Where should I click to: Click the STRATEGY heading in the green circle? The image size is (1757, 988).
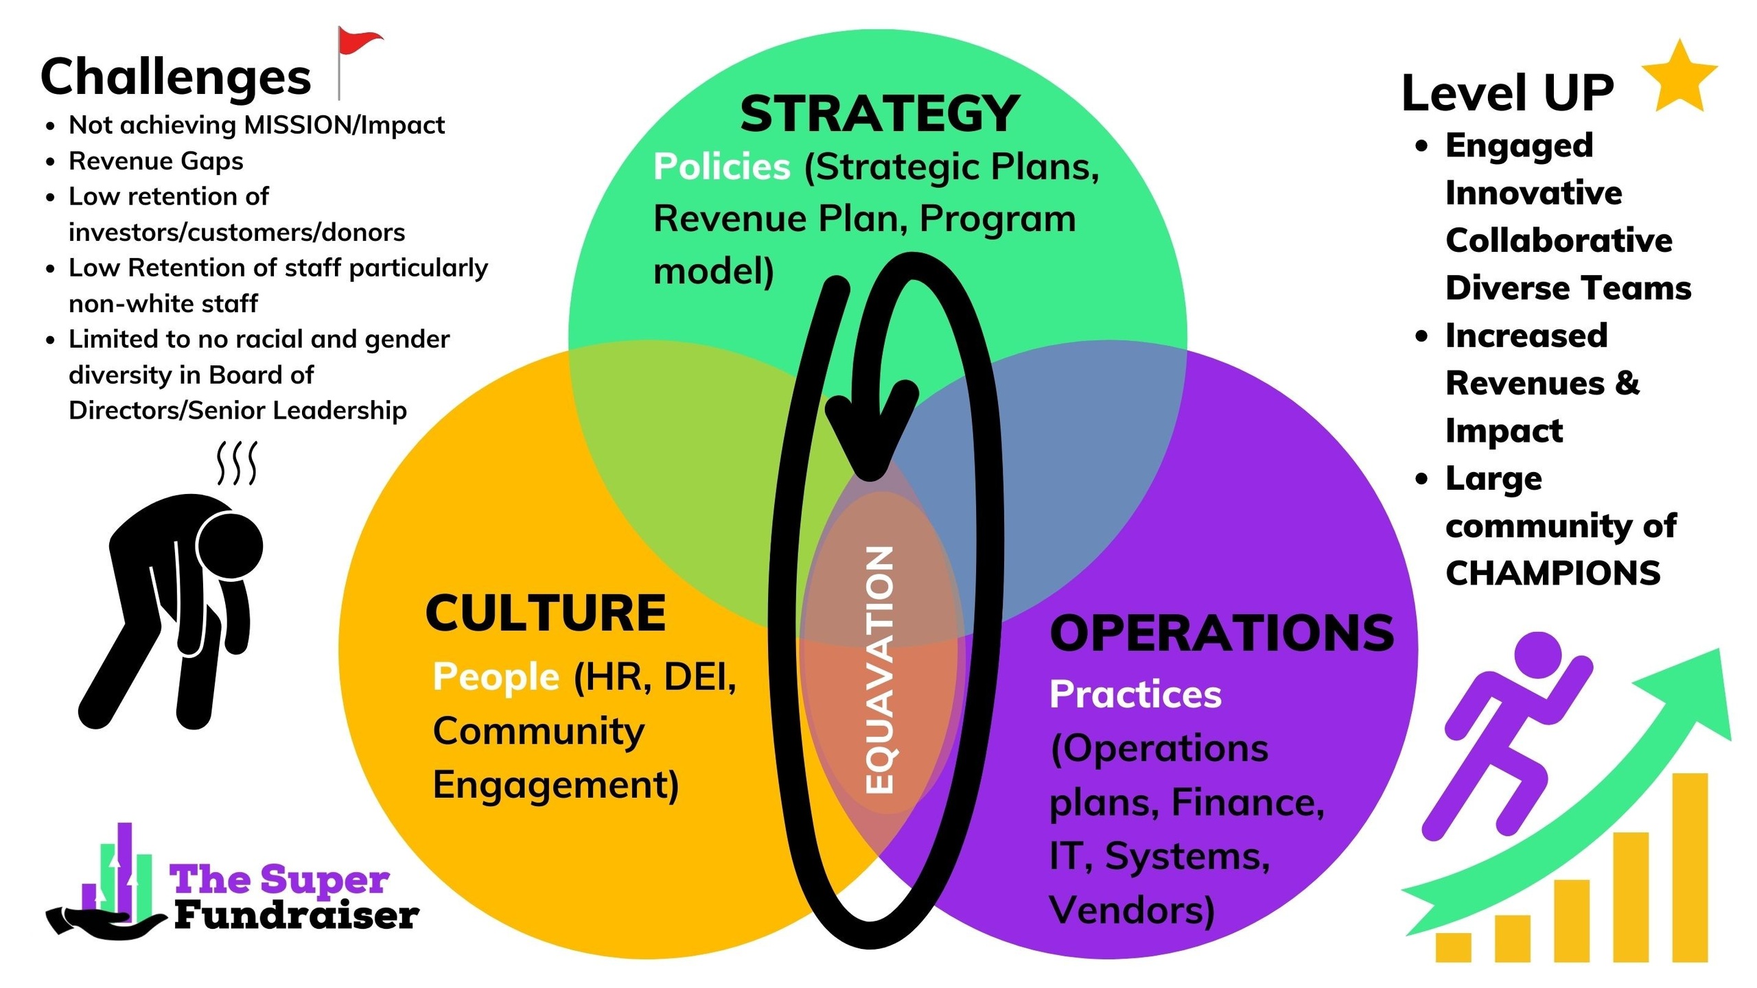click(879, 114)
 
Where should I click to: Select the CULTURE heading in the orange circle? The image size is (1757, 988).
click(546, 613)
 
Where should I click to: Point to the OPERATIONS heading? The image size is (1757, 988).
click(1222, 633)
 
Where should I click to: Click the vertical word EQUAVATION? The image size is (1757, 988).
click(881, 670)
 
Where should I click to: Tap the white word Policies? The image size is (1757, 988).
click(721, 167)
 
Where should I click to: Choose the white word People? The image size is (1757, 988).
click(496, 677)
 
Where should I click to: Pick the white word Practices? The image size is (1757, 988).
click(1135, 694)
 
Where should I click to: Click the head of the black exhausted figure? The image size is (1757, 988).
click(231, 545)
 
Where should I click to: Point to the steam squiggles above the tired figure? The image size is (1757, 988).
click(237, 462)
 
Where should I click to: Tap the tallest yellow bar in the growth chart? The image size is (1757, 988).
click(1690, 867)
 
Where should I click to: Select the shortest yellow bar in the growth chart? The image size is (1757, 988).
click(1453, 947)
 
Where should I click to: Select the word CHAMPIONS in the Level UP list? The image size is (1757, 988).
click(1552, 574)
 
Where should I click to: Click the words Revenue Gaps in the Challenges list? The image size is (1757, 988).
click(156, 161)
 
